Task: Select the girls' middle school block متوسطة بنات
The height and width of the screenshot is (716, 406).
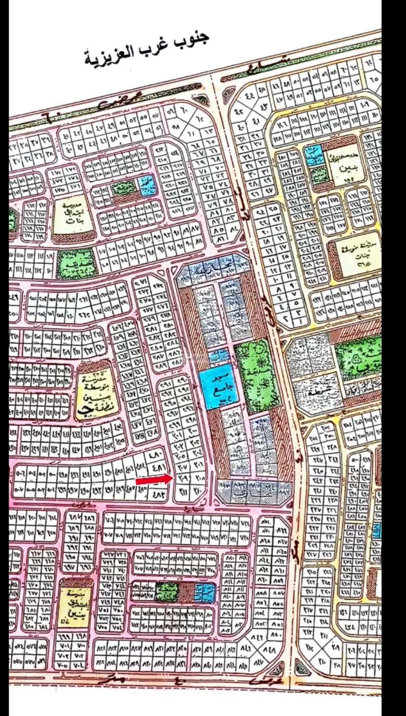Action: (355, 256)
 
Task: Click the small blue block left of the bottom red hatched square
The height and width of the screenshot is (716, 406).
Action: (206, 592)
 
